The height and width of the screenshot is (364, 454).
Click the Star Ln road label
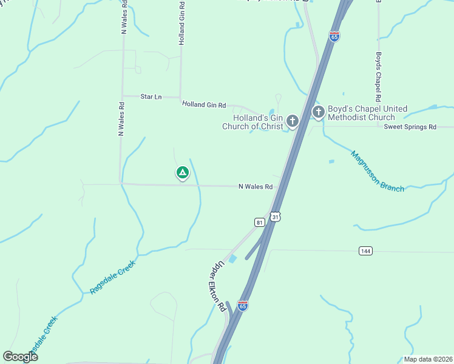point(151,96)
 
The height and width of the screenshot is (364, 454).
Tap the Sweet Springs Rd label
point(410,127)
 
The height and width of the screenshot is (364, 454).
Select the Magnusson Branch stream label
point(377,171)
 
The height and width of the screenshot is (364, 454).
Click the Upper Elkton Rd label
point(218,287)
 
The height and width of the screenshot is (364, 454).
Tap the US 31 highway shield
point(276,217)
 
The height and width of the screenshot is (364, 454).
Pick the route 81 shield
point(260,222)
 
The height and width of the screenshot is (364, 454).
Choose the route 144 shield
point(365,251)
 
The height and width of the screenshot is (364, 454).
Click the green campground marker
point(181,173)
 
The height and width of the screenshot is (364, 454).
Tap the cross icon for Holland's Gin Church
point(293,121)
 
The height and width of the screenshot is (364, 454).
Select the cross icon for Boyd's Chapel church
point(318,112)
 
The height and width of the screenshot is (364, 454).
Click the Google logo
point(20,356)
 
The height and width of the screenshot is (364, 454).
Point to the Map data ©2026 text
point(428,359)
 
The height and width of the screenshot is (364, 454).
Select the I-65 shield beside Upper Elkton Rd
point(243,306)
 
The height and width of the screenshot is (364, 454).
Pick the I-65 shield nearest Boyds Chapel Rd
point(334,36)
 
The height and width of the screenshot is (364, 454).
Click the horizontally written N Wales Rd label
point(255,187)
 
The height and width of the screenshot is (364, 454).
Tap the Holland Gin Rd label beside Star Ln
point(204,105)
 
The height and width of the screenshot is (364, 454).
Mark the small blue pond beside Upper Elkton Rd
point(232,259)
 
